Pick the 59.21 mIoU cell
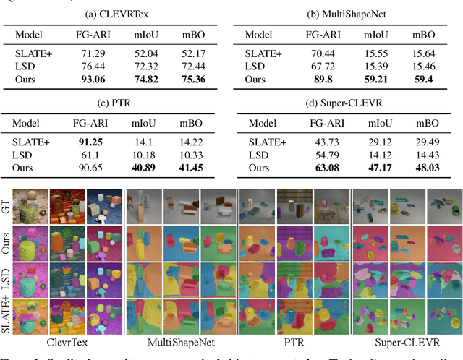(380, 79)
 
